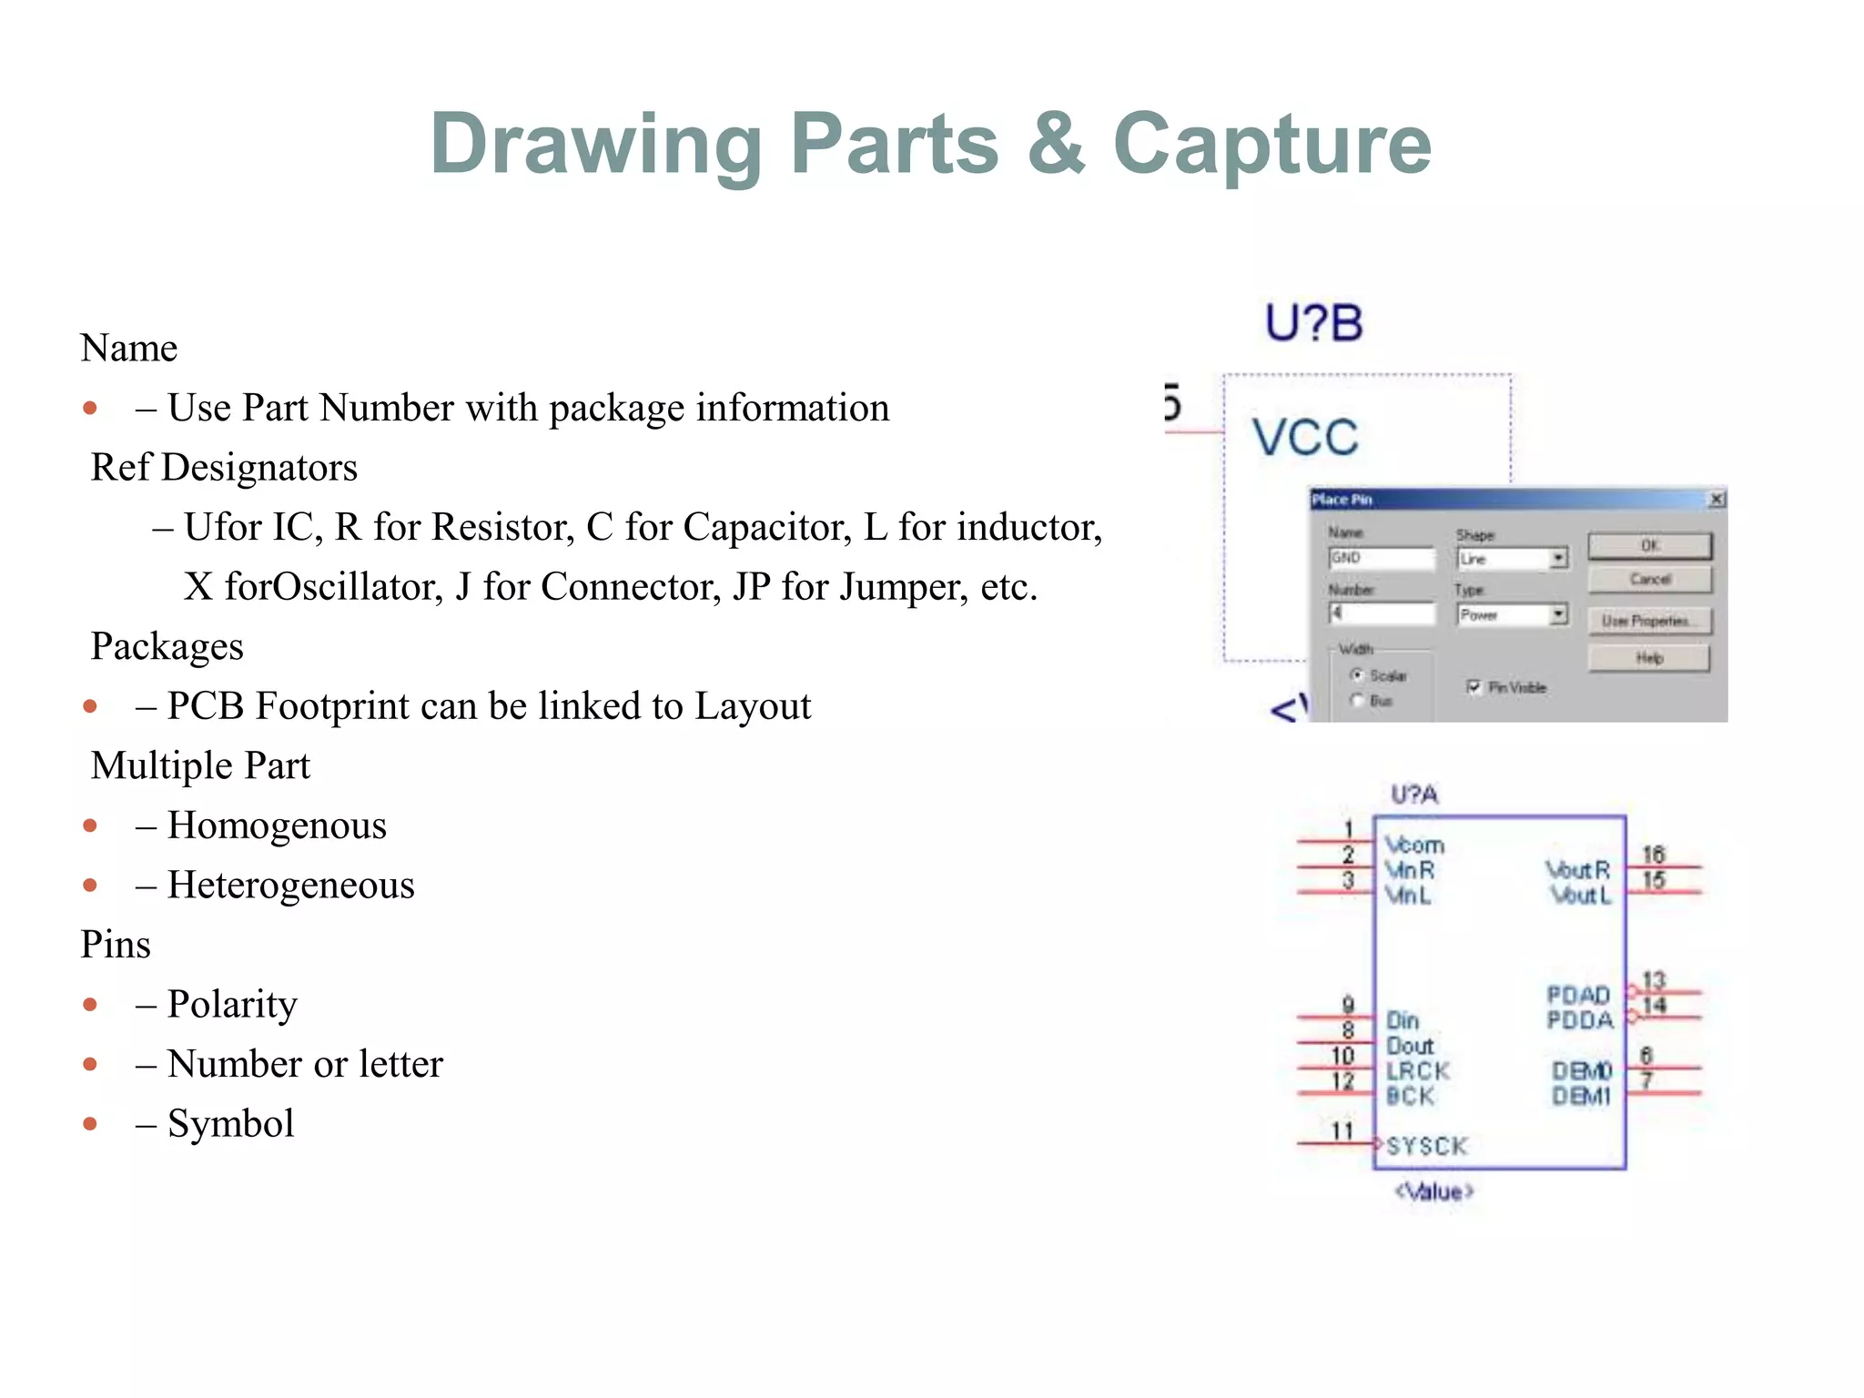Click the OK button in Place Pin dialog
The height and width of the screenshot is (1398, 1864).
1649,546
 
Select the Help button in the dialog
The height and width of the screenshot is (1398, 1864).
1649,658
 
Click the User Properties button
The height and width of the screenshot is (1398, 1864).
1649,621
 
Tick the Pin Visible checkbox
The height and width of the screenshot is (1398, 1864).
1474,687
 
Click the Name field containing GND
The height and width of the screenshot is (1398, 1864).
1381,558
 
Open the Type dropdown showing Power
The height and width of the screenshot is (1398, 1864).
1559,615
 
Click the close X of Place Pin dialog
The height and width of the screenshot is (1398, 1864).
1717,499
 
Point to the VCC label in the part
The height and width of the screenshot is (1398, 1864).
1305,438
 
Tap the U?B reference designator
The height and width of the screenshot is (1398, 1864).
1313,323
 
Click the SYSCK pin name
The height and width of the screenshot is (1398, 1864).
1427,1146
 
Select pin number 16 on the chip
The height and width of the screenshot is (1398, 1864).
1653,855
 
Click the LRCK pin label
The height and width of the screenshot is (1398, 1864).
1417,1071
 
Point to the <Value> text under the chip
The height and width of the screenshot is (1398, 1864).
1434,1191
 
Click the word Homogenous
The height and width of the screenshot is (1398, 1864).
277,826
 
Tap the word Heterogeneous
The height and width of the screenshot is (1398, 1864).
290,886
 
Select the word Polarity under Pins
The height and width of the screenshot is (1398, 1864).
232,1005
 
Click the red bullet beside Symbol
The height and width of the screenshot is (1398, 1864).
90,1124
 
